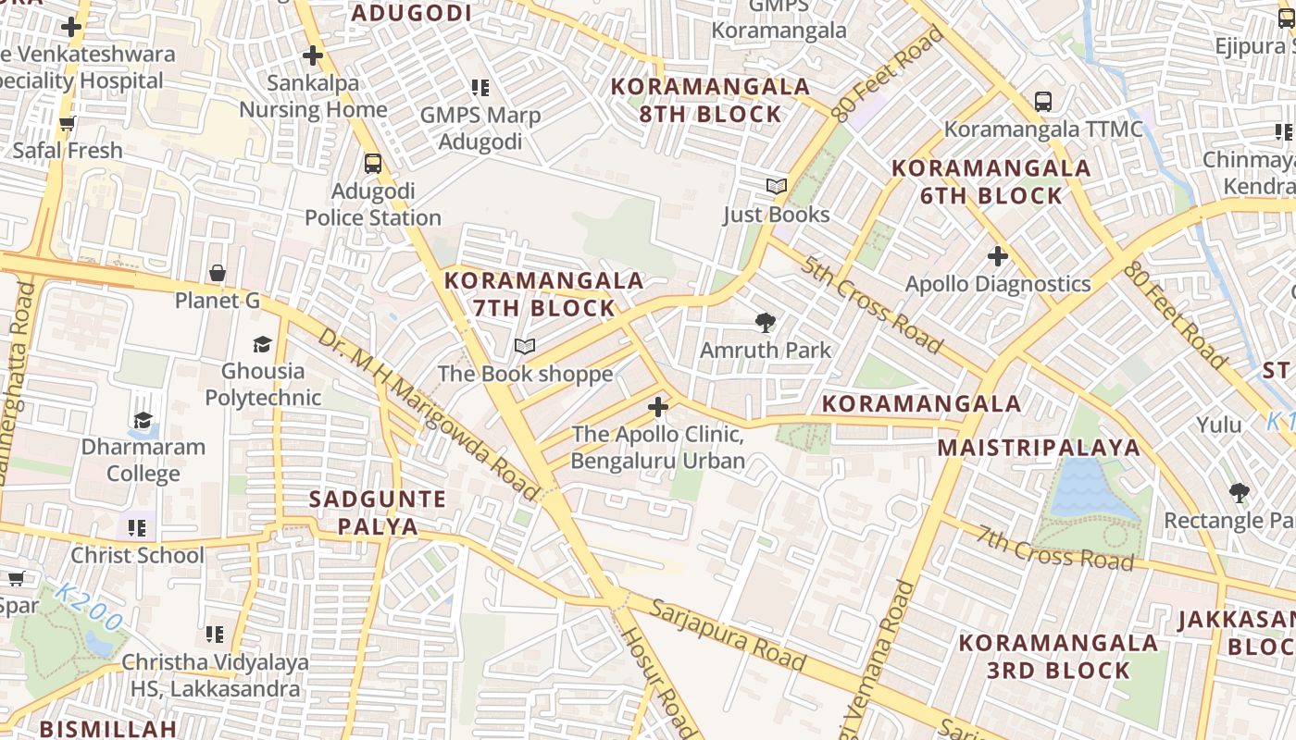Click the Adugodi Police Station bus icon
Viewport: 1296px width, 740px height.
[373, 164]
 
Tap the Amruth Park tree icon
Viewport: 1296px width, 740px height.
[765, 323]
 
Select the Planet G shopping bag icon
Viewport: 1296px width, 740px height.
[218, 273]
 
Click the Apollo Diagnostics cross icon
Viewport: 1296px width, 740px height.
[997, 255]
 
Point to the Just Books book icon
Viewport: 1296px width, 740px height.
[776, 186]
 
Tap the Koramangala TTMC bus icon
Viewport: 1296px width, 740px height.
[1043, 101]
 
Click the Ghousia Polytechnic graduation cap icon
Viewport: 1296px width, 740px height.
[263, 344]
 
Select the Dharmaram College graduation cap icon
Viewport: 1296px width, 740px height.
[143, 420]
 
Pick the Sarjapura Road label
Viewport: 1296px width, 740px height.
[727, 635]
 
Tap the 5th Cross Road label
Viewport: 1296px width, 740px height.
[872, 305]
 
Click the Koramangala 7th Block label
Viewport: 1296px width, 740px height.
[543, 293]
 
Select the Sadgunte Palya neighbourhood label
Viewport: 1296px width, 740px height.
[377, 512]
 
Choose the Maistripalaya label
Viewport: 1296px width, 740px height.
[1039, 448]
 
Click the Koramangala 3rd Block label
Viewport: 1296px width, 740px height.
[1058, 656]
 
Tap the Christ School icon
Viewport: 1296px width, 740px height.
[137, 528]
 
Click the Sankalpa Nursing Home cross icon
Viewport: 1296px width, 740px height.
[313, 55]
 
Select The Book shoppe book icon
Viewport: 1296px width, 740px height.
[525, 347]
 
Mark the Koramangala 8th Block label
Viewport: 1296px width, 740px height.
[711, 100]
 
